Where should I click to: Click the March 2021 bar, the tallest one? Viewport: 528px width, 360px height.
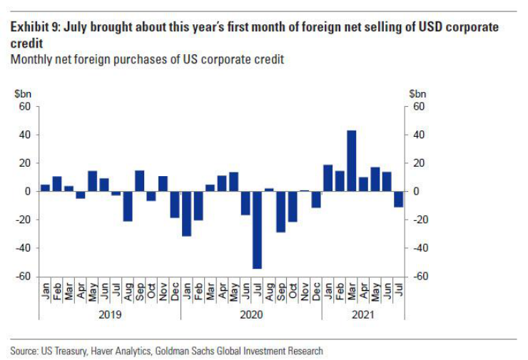click(351, 160)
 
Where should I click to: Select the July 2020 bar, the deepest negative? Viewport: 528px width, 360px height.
click(257, 230)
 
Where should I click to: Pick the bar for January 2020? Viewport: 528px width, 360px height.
click(186, 213)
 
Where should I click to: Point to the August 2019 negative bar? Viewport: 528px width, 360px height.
click(128, 206)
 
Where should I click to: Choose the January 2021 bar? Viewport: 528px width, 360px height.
click(328, 178)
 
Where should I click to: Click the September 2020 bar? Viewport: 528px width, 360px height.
click(280, 212)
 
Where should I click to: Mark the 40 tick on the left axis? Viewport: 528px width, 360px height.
click(26, 135)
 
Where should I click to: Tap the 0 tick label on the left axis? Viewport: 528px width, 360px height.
click(29, 191)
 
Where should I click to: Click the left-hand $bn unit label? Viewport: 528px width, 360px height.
click(23, 93)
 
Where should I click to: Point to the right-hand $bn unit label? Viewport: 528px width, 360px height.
click(417, 93)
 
